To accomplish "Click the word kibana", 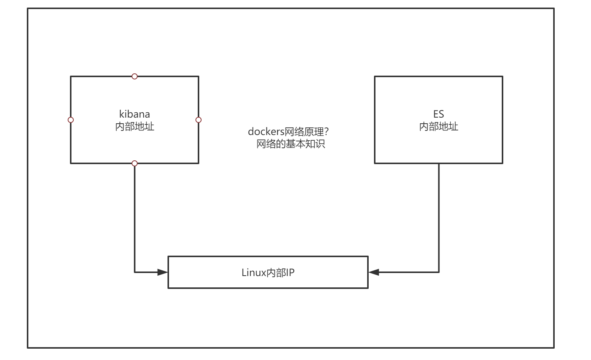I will [135, 114].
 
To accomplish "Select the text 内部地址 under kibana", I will [135, 126].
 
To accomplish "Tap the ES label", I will [439, 114].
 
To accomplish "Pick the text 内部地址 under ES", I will [439, 126].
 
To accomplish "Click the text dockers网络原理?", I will [288, 132].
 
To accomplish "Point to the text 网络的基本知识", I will [291, 144].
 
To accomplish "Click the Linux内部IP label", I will [268, 273].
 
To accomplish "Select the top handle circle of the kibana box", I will [135, 76].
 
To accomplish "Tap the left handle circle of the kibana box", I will [71, 120].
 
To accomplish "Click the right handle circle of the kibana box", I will [199, 120].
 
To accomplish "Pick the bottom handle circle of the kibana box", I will [135, 163].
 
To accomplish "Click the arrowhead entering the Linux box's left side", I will [163, 272].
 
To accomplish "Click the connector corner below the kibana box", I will [135, 272].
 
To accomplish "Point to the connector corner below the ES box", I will [439, 272].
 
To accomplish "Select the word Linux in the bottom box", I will [254, 273].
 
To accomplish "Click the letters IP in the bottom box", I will [290, 273].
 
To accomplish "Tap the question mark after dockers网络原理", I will [327, 132].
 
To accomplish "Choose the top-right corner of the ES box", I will [503, 76].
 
